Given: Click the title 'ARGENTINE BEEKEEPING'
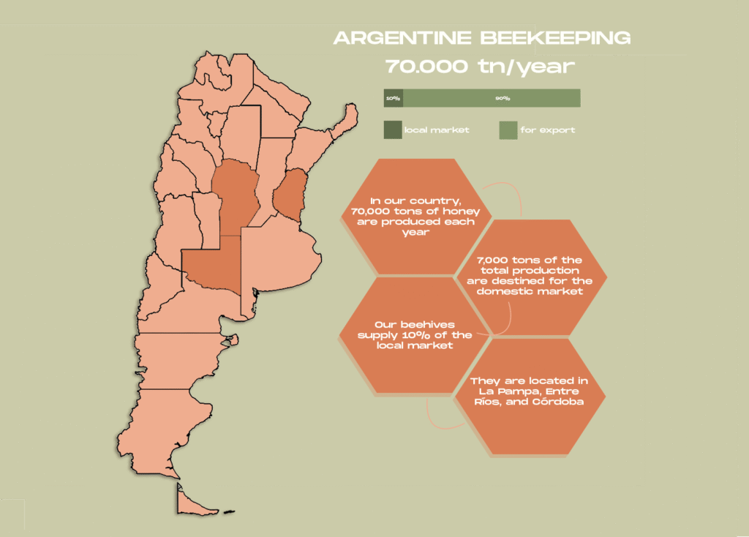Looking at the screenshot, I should pos(481,39).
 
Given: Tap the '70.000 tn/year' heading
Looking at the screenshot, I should pos(481,66).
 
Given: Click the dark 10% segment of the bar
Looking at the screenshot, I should pos(393,98).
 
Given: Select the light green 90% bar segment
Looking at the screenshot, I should pos(492,98).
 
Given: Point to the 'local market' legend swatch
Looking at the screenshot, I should pos(393,130).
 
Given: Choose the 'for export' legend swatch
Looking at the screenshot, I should pos(508,130).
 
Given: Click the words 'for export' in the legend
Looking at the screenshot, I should pos(548,130).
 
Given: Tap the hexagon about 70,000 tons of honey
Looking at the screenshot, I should pos(413,215).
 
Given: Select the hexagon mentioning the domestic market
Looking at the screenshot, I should pos(529,276).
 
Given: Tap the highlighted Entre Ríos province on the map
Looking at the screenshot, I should pos(290,194).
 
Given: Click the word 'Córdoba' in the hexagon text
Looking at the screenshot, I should pos(560,402).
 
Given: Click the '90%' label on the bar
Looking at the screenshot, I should pos(503,98).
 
